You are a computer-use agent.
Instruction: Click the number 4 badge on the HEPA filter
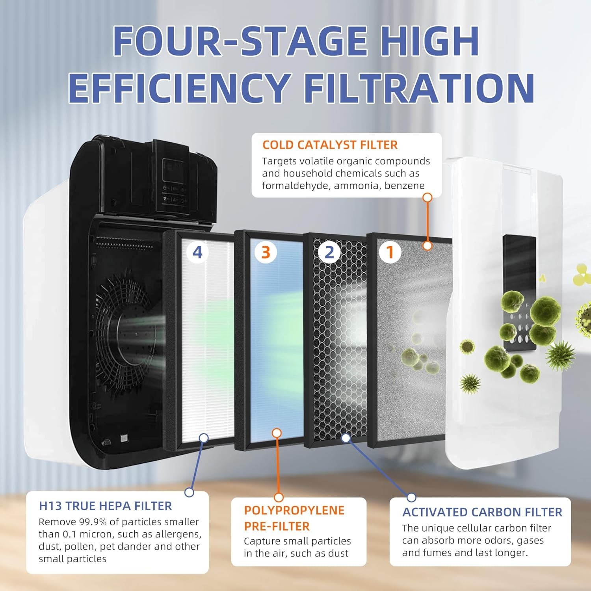point(197,252)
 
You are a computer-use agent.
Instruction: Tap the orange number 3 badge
point(266,252)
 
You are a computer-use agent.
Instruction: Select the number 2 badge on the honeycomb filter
point(329,252)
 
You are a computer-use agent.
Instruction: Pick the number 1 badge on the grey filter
point(390,252)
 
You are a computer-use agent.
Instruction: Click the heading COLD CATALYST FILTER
point(330,145)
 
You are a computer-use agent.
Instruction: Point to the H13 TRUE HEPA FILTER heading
point(105,506)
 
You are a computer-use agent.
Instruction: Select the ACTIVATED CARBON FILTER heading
point(482,512)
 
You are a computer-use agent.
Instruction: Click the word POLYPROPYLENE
point(294,510)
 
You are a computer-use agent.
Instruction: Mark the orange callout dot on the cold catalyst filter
point(427,246)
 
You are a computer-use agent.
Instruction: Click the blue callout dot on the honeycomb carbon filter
point(346,437)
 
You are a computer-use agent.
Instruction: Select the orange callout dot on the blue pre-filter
point(277,433)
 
